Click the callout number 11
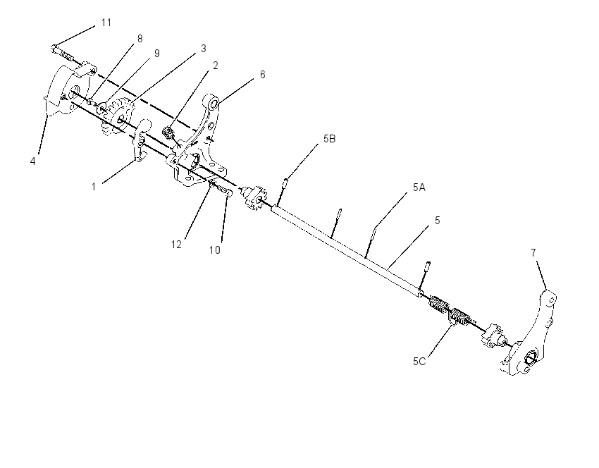(x=106, y=23)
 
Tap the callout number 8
(x=140, y=39)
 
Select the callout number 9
(x=156, y=54)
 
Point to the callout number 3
(x=203, y=49)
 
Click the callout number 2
(x=216, y=66)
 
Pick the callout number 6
(x=262, y=75)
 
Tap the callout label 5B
(x=329, y=139)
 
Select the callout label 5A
(x=419, y=187)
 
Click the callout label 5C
(x=419, y=362)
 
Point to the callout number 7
(x=533, y=252)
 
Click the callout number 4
(x=33, y=161)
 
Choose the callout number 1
(x=94, y=187)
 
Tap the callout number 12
(x=176, y=245)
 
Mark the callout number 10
(x=215, y=250)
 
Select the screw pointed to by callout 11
(x=62, y=53)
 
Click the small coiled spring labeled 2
(x=168, y=133)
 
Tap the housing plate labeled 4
(x=67, y=89)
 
